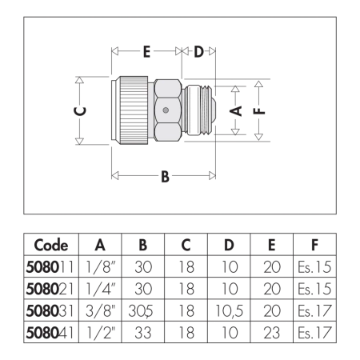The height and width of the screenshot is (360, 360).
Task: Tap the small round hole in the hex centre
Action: tap(165, 110)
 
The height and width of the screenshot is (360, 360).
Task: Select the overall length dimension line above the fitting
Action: tap(164, 48)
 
